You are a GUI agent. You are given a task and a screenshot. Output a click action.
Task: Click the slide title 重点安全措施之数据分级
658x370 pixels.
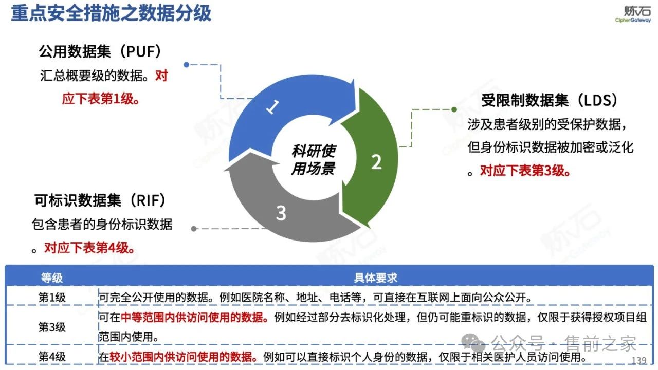pos(111,13)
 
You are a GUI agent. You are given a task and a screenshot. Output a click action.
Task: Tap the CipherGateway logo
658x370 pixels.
pos(633,14)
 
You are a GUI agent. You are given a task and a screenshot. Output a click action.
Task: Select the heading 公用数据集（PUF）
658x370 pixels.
pos(101,51)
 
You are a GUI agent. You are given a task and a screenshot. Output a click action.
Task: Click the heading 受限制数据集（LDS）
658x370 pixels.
pos(549,100)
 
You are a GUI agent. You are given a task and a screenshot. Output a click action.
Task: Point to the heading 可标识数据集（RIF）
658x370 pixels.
pos(100,200)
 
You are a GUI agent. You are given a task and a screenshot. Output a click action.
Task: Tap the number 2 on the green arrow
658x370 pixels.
pos(376,162)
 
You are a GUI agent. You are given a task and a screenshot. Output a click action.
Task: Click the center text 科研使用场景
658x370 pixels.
pos(313,159)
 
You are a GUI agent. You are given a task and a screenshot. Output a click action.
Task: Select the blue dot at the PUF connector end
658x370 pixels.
pos(187,65)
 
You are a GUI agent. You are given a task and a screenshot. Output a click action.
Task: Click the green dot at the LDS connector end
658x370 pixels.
pos(454,109)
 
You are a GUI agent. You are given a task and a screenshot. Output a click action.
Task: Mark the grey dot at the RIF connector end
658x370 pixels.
pos(194,228)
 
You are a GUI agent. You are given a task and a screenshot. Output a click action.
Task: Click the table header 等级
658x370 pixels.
pos(52,278)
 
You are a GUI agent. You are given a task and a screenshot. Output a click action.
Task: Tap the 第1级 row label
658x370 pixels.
pos(52,298)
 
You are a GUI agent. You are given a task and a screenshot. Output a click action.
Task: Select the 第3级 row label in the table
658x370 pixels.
pos(52,327)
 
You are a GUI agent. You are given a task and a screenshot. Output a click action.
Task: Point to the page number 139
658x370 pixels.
pos(641,360)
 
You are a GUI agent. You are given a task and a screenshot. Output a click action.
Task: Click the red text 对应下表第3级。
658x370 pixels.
pos(525,171)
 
